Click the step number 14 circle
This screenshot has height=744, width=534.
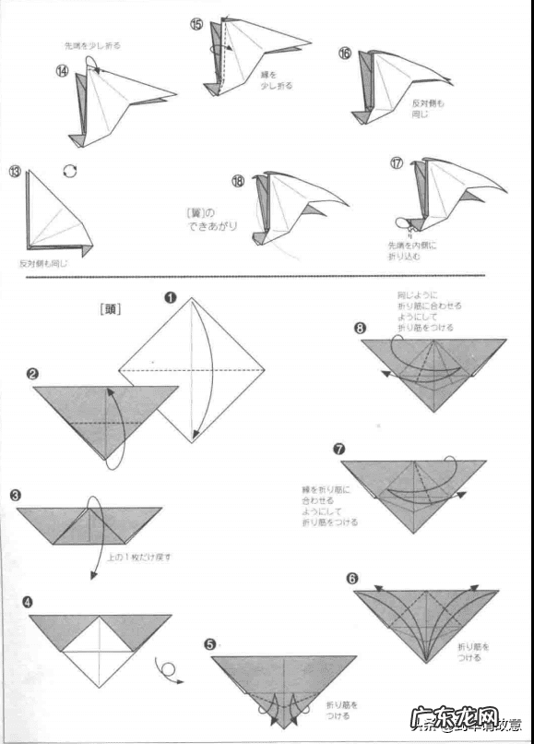[63, 71]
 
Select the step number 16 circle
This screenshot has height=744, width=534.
[344, 54]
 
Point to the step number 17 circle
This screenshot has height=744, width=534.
[397, 163]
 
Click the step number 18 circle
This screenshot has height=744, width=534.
[238, 182]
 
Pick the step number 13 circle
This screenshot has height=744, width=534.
[15, 172]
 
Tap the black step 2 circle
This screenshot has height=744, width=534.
[32, 374]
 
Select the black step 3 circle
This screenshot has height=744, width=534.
[16, 495]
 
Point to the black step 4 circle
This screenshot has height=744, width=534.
[28, 602]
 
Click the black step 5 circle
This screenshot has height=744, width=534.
[210, 643]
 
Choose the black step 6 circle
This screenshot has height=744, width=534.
[351, 579]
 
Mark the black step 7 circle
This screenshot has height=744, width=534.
[339, 449]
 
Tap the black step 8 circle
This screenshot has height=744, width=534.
[360, 327]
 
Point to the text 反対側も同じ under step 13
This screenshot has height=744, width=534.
[43, 263]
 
